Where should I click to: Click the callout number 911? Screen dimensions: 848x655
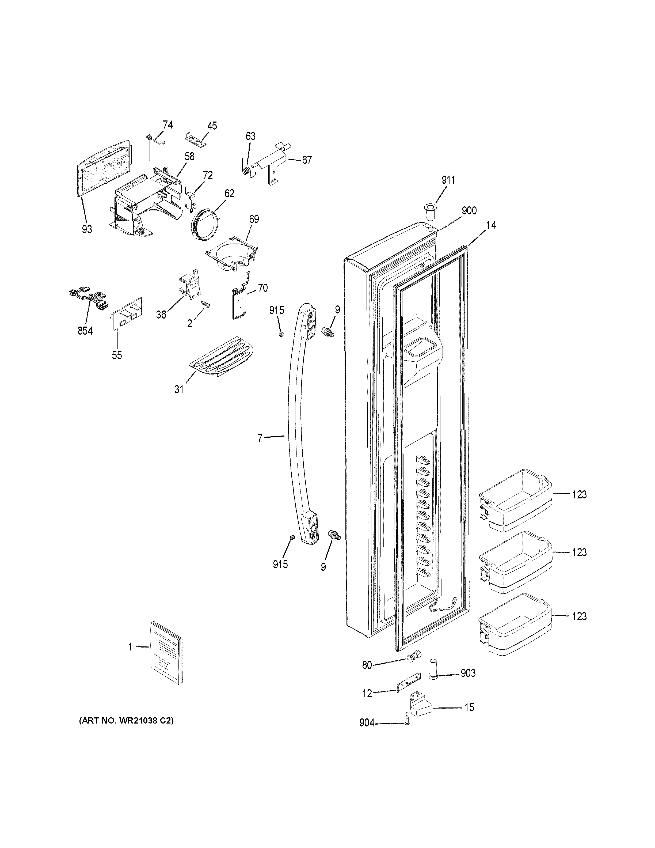coord(448,180)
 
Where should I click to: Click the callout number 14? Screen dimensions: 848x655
coord(491,225)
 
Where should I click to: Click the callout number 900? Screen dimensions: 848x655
coord(469,211)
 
